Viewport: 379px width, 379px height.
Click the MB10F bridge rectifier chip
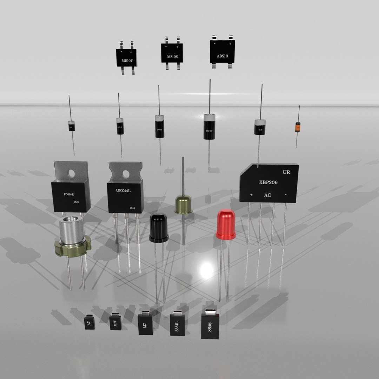click(126, 58)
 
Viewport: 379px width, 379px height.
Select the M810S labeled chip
click(172, 53)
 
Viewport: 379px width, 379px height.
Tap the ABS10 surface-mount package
click(222, 52)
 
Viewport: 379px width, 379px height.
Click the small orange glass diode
click(298, 127)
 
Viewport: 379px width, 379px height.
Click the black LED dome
click(159, 227)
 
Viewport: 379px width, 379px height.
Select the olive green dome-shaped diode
click(183, 205)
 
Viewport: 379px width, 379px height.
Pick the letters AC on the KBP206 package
click(267, 195)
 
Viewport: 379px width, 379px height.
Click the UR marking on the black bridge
click(286, 172)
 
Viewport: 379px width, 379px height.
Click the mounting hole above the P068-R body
click(72, 173)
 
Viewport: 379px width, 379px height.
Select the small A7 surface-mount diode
click(89, 322)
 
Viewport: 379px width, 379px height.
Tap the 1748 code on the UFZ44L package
click(132, 208)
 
